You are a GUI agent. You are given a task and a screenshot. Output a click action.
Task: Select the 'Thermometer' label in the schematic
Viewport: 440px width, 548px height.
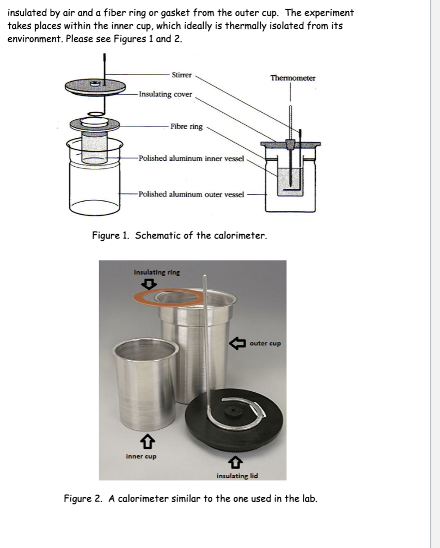coord(292,78)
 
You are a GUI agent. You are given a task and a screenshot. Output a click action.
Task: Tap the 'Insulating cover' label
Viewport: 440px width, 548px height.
coord(166,94)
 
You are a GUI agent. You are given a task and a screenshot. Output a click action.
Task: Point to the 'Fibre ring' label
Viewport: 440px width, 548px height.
coord(186,126)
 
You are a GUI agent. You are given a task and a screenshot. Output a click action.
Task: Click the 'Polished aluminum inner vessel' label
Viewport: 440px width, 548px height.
coord(193,159)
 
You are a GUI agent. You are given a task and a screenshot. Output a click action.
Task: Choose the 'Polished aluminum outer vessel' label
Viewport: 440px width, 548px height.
coord(192,194)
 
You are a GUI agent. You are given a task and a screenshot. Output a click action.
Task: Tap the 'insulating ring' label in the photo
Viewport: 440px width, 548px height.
coord(156,272)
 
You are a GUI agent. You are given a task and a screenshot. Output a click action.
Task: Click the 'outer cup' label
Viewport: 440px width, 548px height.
coord(265,344)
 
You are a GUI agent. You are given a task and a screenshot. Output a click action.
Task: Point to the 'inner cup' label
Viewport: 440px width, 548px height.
coord(141,456)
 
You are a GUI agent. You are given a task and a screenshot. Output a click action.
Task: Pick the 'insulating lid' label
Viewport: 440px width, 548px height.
coord(237,476)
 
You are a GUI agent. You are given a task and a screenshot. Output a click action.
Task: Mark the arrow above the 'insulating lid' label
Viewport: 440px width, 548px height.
coord(235,462)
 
